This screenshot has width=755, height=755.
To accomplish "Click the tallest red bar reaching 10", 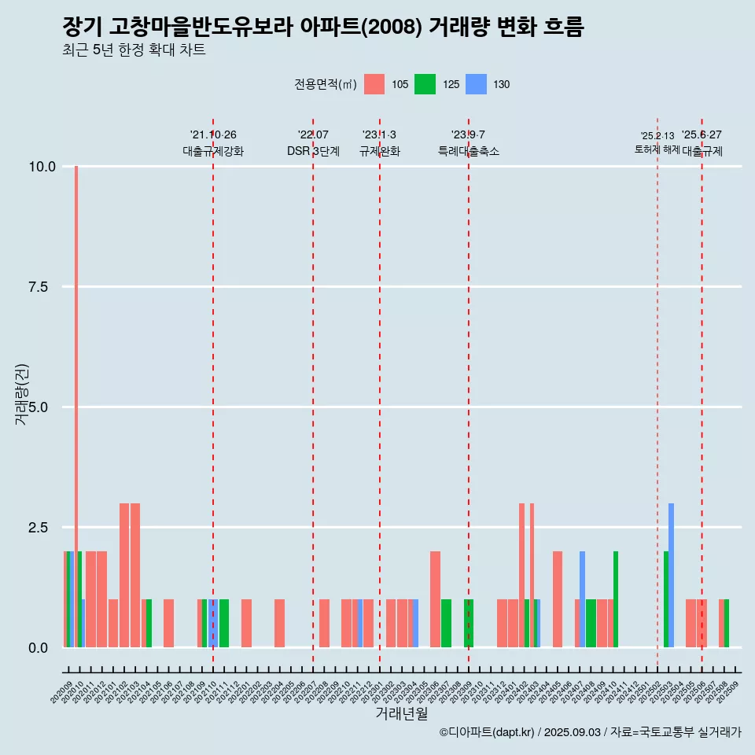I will point(76,393).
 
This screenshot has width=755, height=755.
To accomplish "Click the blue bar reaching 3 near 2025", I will point(671,574).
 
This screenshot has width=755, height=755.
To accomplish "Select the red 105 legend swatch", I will point(374,84).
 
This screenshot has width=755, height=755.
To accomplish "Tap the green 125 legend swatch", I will point(425,84).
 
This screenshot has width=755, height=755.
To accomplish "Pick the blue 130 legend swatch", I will point(476,84).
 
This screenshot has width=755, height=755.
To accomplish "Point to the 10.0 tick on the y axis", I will point(42,167).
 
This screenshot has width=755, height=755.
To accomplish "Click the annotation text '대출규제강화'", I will point(213,151).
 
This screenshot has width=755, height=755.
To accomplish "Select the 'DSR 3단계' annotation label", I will point(313,151).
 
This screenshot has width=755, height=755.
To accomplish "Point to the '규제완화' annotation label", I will point(380,151).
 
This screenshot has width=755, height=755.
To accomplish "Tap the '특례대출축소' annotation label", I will point(469,151).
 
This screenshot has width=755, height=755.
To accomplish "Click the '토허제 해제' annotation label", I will point(657,149).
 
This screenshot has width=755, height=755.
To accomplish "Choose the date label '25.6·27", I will point(702,135).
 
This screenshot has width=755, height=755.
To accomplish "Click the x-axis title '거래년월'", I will point(401,714).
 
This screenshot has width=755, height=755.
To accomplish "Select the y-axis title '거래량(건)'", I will point(22,393).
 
